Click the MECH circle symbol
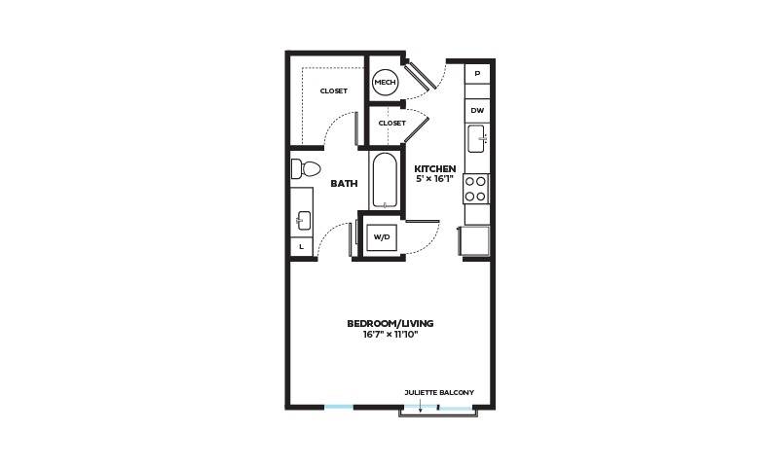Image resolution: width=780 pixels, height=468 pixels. click(385, 82)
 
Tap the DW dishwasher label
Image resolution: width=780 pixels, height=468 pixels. click(477, 110)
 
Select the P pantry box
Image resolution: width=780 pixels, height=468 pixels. click(477, 74)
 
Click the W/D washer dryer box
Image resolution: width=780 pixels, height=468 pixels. click(382, 237)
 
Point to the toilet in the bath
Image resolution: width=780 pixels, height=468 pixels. click(305, 169)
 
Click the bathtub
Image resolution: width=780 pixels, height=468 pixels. click(384, 180)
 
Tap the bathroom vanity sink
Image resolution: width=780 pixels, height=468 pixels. click(304, 221)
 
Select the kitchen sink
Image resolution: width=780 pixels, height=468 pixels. click(476, 138)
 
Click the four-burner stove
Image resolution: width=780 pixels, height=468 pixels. click(475, 189)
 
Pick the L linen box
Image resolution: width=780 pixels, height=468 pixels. click(302, 246)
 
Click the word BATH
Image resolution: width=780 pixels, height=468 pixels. click(345, 183)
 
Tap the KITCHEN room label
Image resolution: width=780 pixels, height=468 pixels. click(435, 169)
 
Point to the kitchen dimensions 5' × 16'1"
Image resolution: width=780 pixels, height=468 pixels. click(435, 179)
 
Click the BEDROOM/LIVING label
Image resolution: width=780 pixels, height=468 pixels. click(390, 323)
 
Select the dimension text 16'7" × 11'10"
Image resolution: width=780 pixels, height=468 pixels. click(390, 335)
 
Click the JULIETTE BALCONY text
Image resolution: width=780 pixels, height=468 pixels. click(439, 392)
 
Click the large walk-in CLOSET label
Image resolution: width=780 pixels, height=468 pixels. click(334, 90)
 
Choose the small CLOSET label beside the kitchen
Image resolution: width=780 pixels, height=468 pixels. click(392, 123)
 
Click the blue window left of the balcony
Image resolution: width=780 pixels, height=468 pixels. click(339, 408)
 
